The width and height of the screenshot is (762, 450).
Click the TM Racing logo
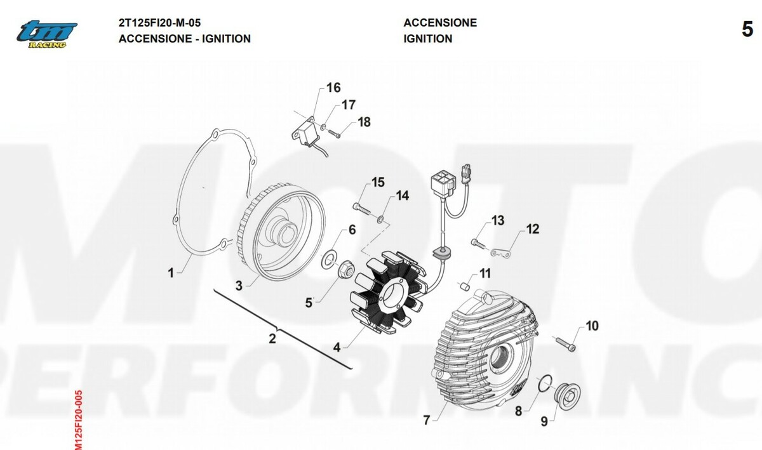47,34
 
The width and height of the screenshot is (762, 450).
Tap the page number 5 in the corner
747,29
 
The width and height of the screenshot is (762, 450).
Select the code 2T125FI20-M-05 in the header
159,23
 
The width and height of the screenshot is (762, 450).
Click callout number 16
333,88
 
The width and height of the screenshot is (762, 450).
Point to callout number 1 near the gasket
171,272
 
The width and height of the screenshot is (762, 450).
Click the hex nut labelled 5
346,268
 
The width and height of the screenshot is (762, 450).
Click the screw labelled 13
478,244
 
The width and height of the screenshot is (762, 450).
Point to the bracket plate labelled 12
500,253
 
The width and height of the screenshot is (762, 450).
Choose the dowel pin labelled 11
465,287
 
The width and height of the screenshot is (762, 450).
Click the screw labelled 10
565,343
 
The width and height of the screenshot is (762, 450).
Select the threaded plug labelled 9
567,397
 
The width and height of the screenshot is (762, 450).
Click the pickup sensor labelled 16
305,132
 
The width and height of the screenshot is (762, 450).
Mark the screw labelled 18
335,133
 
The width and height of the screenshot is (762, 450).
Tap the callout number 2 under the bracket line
272,339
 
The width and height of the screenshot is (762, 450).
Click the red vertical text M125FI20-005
78,420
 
